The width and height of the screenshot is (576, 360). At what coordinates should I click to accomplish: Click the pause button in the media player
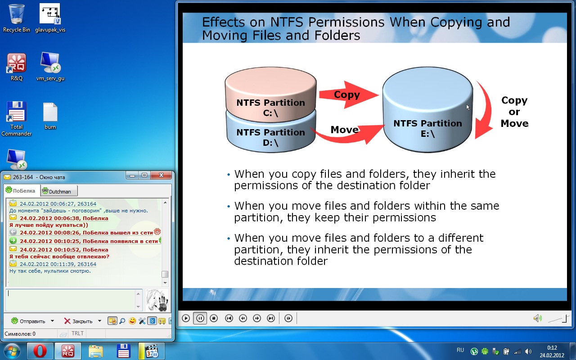point(200,318)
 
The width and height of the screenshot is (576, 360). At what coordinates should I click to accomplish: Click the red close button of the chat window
point(161,175)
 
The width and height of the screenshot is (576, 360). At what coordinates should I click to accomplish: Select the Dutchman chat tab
point(58,191)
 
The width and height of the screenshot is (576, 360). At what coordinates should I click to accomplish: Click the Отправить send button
point(28,321)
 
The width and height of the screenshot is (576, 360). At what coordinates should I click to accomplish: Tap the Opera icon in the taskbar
point(40,351)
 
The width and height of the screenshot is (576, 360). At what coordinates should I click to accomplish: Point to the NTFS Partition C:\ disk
point(271,94)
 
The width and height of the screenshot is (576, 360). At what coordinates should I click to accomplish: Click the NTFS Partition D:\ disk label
point(270,137)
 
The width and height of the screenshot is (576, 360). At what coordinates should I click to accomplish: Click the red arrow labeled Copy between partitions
point(348,94)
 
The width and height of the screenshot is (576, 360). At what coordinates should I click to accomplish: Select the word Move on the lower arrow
point(345,130)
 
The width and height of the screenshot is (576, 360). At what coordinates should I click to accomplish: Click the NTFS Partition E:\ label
point(427,128)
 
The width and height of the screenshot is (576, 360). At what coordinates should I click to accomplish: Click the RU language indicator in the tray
point(460,350)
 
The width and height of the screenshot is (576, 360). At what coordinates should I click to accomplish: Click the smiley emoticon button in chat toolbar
point(132,321)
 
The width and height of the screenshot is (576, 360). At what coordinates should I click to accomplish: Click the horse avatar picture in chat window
point(157,300)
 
